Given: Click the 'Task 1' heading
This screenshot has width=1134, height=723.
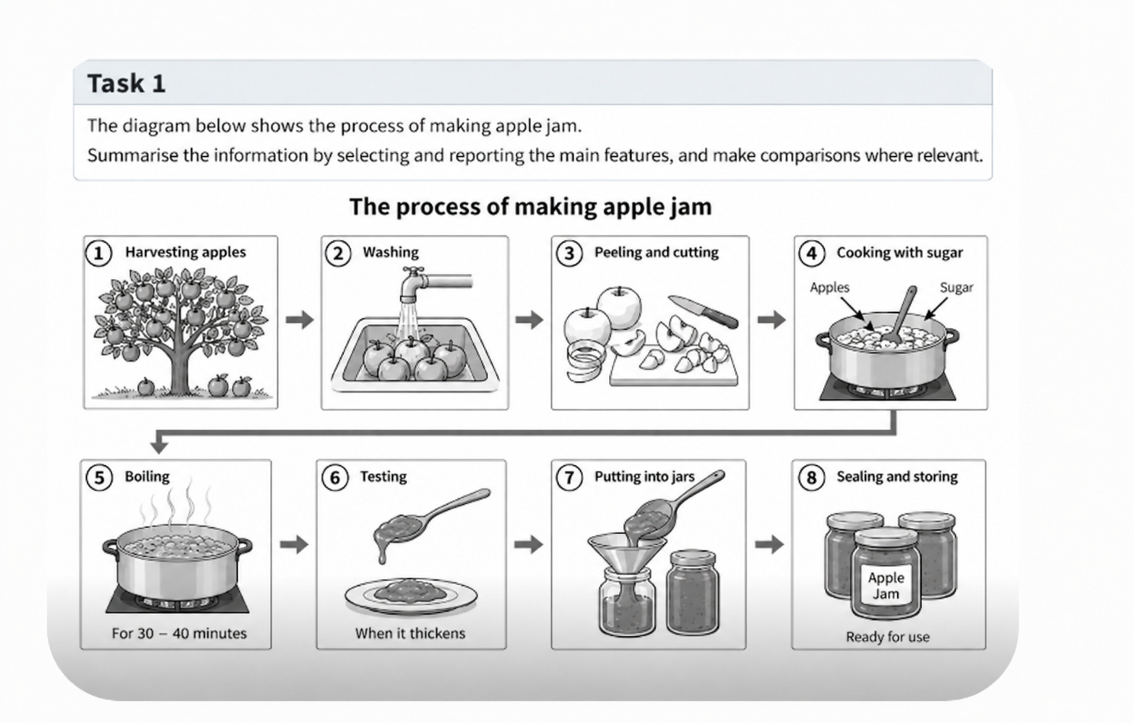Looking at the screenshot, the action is pyautogui.click(x=126, y=84).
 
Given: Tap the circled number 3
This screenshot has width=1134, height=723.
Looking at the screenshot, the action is pyautogui.click(x=569, y=253).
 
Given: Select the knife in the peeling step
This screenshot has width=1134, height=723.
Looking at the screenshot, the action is pyautogui.click(x=703, y=311).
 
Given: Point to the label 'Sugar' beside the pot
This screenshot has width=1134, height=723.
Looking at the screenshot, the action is pyautogui.click(x=956, y=287).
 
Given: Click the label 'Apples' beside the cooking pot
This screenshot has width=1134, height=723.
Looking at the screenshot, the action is pyautogui.click(x=829, y=287).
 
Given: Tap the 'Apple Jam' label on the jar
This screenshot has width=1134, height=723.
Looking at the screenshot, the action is pyautogui.click(x=886, y=586).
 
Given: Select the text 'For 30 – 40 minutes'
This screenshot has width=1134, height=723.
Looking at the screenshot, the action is pyautogui.click(x=179, y=633).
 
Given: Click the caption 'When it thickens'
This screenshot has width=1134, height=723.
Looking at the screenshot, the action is pyautogui.click(x=410, y=633).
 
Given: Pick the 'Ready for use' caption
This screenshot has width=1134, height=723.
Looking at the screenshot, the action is pyautogui.click(x=888, y=637).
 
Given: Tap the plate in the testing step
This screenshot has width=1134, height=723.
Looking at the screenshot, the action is pyautogui.click(x=411, y=597).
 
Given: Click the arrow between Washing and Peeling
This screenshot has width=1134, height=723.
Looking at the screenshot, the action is pyautogui.click(x=529, y=319).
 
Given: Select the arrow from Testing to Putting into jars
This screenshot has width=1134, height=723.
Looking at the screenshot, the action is pyautogui.click(x=528, y=545).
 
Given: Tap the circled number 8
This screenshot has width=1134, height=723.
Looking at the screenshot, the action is pyautogui.click(x=811, y=477).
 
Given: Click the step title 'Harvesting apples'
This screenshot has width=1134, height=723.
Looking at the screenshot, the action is pyautogui.click(x=186, y=252).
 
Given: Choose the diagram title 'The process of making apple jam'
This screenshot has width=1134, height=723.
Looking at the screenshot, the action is pyautogui.click(x=530, y=207).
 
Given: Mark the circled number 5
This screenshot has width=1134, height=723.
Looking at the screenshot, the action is pyautogui.click(x=99, y=477).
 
